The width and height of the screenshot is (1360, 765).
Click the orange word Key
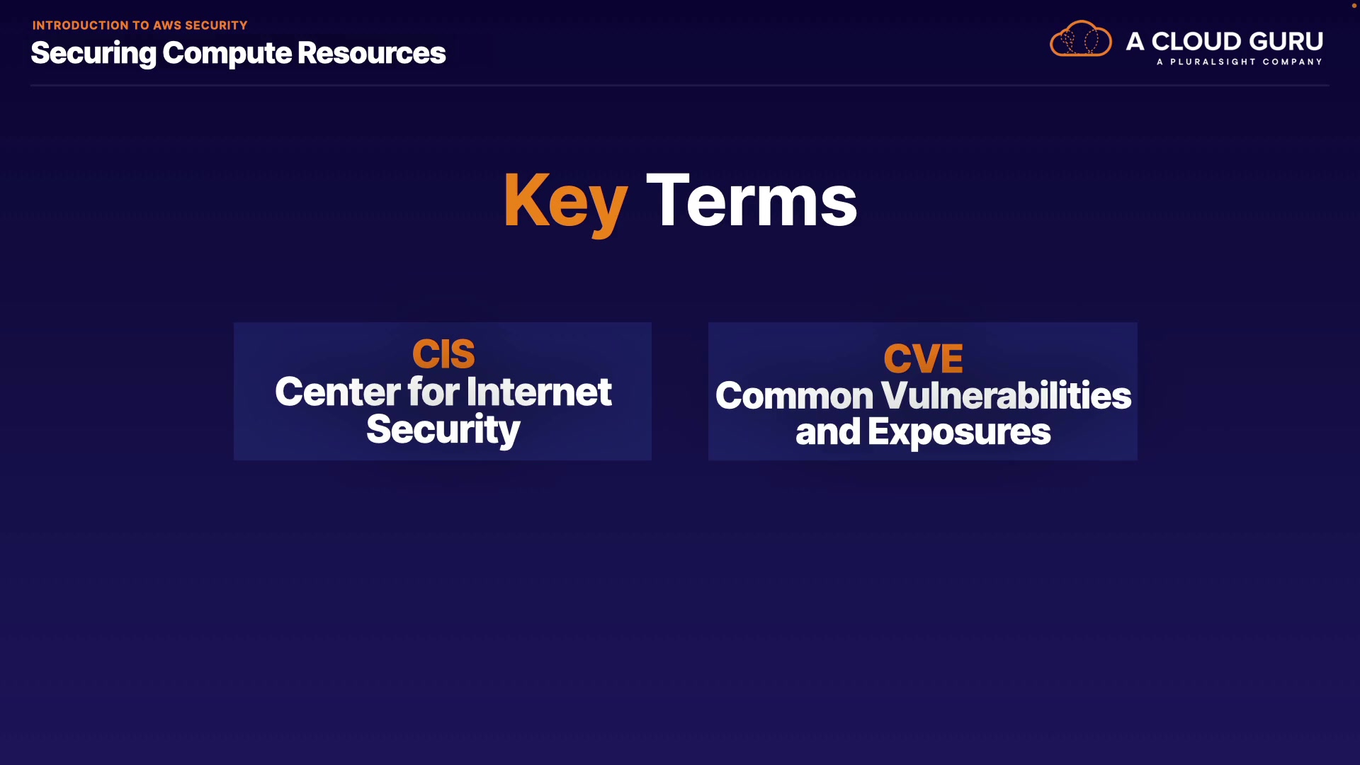coord(565,203)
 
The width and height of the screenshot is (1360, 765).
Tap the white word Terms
coord(752,201)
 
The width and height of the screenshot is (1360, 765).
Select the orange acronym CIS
coord(443,354)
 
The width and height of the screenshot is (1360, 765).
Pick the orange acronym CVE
coord(923,358)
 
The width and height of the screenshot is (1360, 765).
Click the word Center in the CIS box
coord(337,392)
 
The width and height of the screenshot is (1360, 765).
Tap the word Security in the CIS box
coord(443,430)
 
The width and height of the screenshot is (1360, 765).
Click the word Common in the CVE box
coord(794,395)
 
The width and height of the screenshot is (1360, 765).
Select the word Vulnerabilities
coord(1006,395)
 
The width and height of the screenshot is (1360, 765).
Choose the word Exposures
coord(959,433)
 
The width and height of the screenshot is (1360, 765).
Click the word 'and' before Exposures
coord(827,432)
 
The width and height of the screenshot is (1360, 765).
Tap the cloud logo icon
coord(1080,39)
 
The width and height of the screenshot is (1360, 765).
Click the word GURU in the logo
coord(1288,41)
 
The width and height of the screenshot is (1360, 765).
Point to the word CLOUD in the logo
coord(1198,41)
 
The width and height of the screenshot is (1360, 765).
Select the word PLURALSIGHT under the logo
coord(1213,62)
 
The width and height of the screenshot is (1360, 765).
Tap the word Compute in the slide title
coord(227,54)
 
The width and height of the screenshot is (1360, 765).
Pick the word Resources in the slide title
coord(371,53)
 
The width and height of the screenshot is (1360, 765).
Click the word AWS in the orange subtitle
coord(167,25)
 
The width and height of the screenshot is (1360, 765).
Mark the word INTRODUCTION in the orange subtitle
coord(81,25)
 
